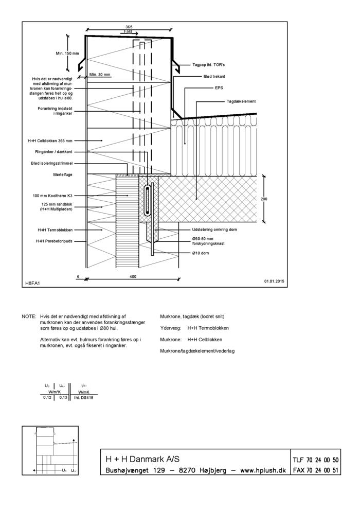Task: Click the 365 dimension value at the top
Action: click(x=129, y=27)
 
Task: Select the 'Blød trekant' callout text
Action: click(x=214, y=76)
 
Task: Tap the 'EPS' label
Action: click(x=219, y=87)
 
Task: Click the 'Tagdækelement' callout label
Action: click(x=241, y=101)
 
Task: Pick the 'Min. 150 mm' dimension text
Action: click(x=67, y=54)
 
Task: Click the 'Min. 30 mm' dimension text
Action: click(x=99, y=75)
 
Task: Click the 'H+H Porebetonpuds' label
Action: click(x=54, y=240)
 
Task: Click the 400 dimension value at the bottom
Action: click(x=133, y=277)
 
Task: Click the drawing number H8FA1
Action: click(x=32, y=283)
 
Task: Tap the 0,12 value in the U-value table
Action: click(x=47, y=397)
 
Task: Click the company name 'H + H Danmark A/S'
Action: click(x=142, y=459)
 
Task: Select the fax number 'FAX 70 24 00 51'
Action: click(x=315, y=470)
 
